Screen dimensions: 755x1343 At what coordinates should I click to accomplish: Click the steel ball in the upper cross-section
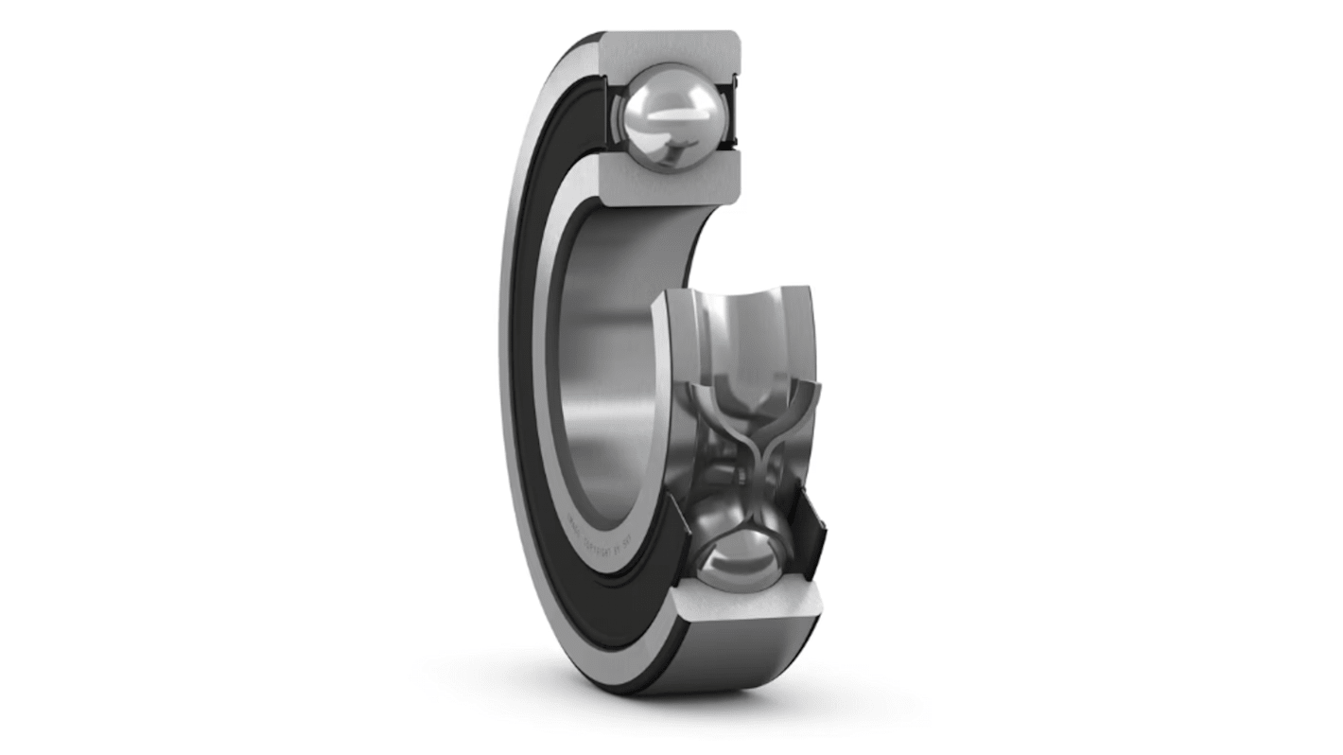[x=667, y=117]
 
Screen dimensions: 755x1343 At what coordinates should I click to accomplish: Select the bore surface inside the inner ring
[x=605, y=378]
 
